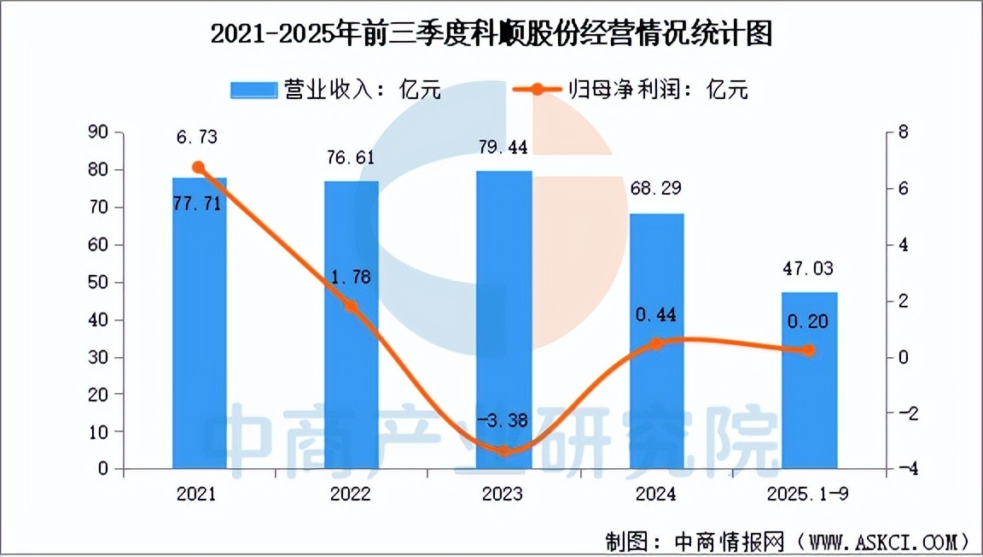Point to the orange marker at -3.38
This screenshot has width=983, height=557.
click(x=503, y=450)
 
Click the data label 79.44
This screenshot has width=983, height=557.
click(x=503, y=148)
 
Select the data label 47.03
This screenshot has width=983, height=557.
click(x=810, y=269)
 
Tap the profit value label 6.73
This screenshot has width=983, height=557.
click(x=199, y=138)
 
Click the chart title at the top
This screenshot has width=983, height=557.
click(x=491, y=35)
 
